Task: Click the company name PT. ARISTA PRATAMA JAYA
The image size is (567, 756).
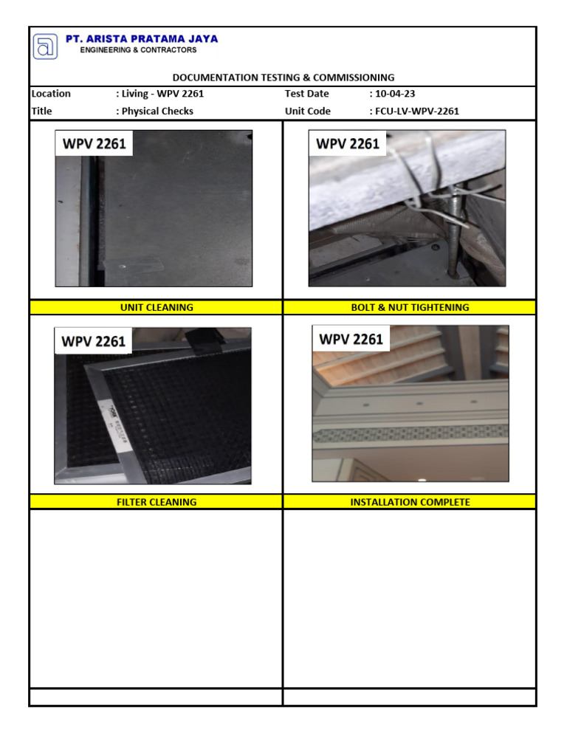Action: pos(142,39)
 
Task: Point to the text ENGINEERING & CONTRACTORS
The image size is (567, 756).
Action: pos(139,50)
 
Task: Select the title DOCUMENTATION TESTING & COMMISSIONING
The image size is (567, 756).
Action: pos(283,78)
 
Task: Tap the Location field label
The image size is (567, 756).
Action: pos(51,94)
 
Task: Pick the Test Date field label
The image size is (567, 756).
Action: pos(306,94)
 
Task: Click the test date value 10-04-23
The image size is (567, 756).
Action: pos(394,94)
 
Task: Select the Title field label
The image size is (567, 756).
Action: pos(42,111)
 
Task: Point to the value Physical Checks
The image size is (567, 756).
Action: pos(157,111)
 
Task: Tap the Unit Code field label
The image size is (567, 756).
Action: pos(308,111)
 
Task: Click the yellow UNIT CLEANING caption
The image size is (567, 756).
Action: pos(156,307)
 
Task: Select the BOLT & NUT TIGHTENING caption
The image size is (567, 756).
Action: pos(410,307)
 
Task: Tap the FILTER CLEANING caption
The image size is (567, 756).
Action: pos(156,502)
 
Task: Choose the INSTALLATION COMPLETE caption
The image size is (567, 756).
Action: pos(410,502)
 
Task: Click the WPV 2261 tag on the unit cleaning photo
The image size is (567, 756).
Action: pos(94,143)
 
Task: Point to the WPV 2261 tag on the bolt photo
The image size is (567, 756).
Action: pos(348,143)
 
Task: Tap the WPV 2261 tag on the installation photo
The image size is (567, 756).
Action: pos(351,340)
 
